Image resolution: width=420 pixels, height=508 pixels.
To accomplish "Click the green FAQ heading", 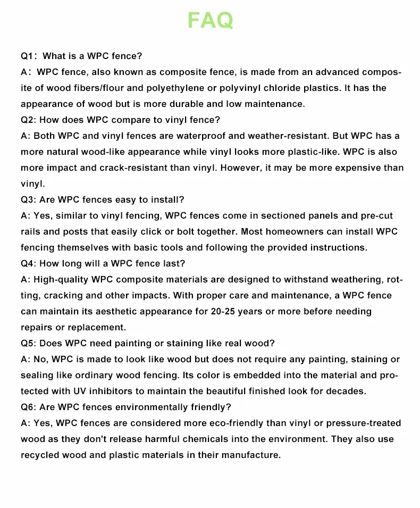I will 210,20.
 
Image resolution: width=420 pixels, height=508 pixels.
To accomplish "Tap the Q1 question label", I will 28,56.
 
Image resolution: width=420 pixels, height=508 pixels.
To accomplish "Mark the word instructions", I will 333,247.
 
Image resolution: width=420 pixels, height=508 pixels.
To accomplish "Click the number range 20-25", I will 223,311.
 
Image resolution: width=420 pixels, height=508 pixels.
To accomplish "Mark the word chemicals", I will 223,439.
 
